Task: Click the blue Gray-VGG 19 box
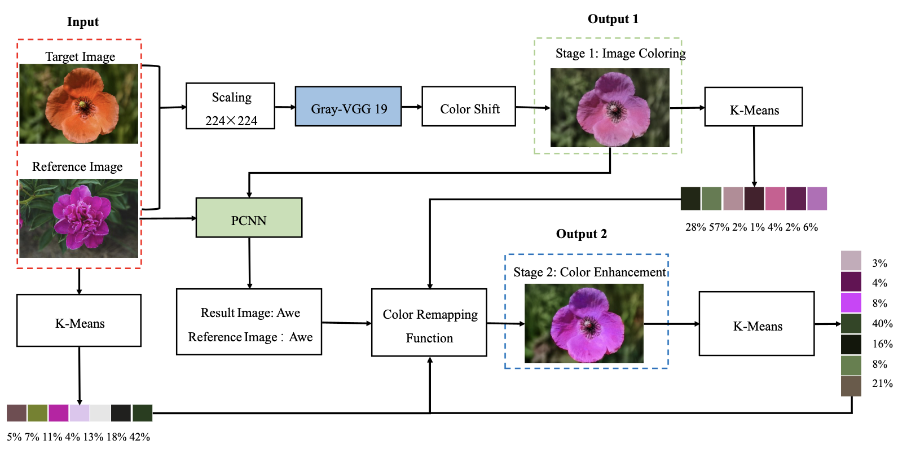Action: [x=348, y=106]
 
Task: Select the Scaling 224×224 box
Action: [x=230, y=106]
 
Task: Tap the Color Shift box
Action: [x=468, y=106]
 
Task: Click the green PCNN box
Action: [x=249, y=218]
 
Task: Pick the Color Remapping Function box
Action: [x=429, y=323]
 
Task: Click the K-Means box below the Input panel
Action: [x=79, y=320]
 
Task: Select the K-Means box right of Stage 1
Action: [x=753, y=107]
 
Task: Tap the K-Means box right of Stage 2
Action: [x=756, y=324]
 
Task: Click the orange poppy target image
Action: [x=78, y=104]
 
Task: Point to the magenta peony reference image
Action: [x=78, y=218]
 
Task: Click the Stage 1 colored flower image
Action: [x=610, y=108]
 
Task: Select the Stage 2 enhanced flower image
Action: [x=584, y=323]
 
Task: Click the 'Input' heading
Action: [x=83, y=22]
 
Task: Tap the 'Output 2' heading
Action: [x=582, y=234]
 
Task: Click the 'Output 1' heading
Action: [x=613, y=19]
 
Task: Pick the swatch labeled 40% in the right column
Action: [x=851, y=324]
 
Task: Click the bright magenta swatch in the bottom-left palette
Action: [x=58, y=413]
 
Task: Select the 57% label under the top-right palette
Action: [x=719, y=227]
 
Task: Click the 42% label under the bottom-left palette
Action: [x=140, y=437]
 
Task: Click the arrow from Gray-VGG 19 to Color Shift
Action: [x=412, y=107]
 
